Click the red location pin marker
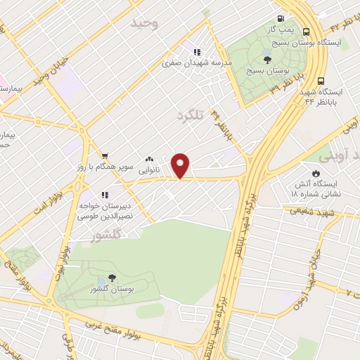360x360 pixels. point(181,165)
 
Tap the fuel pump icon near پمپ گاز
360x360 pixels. point(281,19)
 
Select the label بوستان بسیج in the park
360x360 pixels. point(264,71)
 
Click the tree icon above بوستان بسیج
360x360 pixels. point(266,60)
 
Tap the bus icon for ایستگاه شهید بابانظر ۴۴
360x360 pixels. point(321,81)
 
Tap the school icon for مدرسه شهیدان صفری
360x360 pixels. point(196,51)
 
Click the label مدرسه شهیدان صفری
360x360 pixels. point(182,63)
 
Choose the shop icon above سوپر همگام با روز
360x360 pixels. point(105,156)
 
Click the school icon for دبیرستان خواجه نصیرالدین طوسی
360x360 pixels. point(104,195)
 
